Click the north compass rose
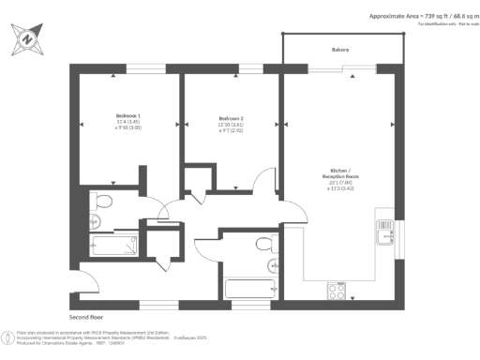[x=27, y=39]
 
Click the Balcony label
[x=341, y=49]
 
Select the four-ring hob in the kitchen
[x=335, y=292]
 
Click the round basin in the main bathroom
[x=272, y=265]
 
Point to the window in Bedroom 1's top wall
[x=140, y=68]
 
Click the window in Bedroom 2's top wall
[x=251, y=68]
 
